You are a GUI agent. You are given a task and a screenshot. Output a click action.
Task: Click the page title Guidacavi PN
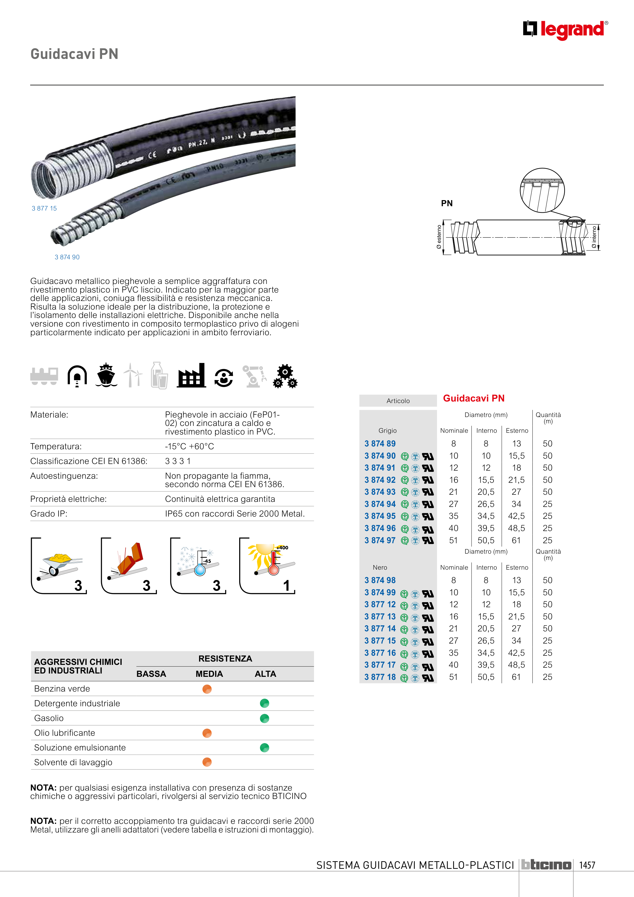[74, 54]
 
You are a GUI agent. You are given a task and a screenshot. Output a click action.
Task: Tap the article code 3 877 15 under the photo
[44, 209]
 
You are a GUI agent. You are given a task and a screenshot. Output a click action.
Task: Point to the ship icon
[106, 375]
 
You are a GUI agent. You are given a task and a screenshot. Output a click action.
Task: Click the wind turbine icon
[133, 375]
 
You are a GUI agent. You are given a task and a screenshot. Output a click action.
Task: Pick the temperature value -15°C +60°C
[189, 446]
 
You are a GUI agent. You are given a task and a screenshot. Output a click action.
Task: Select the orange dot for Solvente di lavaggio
[207, 762]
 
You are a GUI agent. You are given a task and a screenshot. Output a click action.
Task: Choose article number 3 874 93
[380, 492]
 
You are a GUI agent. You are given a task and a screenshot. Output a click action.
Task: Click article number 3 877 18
[380, 677]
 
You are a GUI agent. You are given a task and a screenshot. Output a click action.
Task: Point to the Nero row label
[380, 568]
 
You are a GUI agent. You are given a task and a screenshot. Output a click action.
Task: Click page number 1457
[587, 865]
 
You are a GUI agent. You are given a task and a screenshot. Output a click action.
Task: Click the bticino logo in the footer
[546, 865]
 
